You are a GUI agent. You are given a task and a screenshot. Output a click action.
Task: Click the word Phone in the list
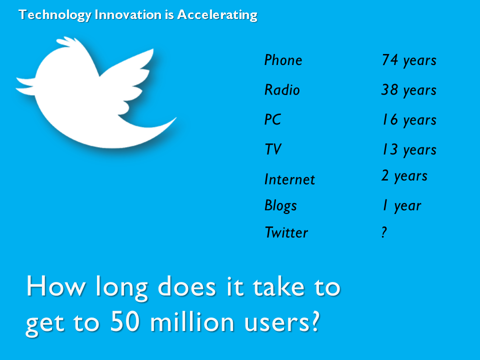[283, 60]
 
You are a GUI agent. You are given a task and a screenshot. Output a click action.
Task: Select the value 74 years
[409, 60]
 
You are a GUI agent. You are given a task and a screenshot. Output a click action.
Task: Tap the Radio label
[282, 89]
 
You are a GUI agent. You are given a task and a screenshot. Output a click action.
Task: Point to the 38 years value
[409, 90]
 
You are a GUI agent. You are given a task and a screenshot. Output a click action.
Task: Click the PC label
[272, 119]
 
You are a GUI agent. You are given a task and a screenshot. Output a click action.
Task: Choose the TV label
[273, 149]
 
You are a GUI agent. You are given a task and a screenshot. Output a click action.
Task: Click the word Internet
[289, 179]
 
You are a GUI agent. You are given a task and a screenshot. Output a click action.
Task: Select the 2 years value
[404, 176]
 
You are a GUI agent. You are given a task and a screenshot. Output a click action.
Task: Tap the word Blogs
[280, 205]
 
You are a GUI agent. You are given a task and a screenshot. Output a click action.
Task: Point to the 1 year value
[402, 205]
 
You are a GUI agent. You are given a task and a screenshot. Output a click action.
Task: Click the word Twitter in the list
[286, 232]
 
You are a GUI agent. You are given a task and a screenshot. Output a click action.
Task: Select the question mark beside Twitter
[384, 232]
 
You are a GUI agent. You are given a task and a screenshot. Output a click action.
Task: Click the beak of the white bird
[24, 85]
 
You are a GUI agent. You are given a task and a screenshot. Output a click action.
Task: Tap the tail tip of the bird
[175, 118]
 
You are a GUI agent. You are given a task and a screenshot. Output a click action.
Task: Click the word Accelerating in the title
[217, 15]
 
